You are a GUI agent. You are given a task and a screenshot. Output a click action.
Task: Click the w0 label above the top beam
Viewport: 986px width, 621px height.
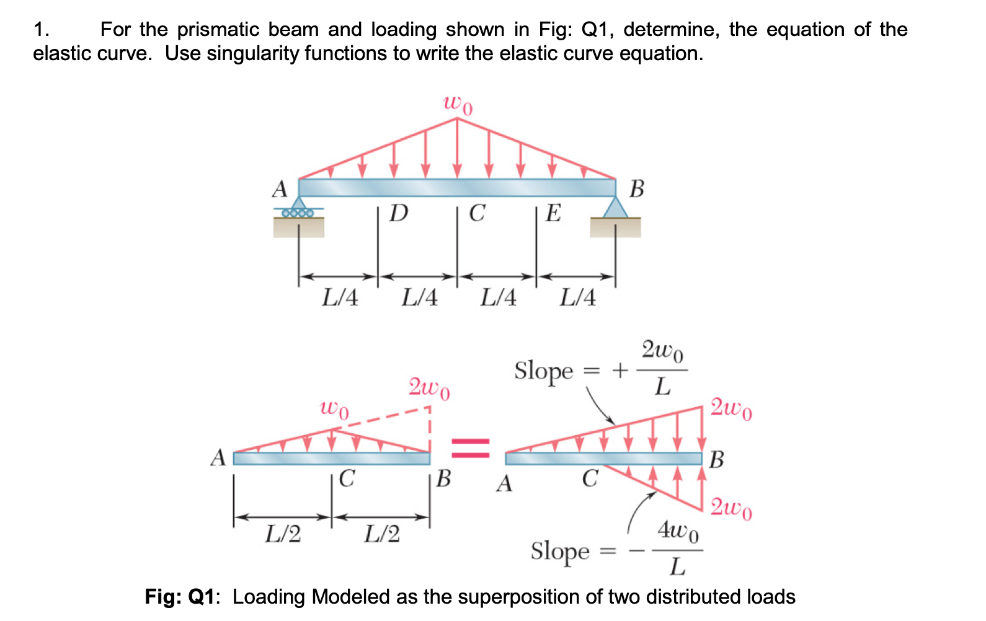pos(458,105)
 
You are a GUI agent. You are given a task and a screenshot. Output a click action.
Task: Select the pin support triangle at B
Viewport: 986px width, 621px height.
pos(615,208)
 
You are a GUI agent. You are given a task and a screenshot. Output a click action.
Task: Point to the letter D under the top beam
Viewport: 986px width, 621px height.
pos(399,213)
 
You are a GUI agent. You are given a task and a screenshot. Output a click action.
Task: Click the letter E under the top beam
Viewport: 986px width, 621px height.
pos(553,213)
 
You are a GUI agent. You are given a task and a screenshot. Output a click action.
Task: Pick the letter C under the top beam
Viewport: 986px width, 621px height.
pos(476,213)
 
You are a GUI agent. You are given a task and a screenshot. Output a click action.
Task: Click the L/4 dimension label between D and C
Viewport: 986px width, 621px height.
pos(419,297)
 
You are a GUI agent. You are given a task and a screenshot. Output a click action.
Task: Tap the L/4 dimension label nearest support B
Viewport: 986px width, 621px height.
pos(577,297)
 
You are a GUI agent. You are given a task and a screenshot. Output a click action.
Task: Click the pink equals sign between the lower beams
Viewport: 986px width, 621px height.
pos(470,447)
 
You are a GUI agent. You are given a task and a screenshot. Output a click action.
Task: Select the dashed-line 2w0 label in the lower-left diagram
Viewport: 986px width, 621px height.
pos(429,389)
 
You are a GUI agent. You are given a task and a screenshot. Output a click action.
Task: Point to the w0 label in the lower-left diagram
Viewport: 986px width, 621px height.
pos(334,409)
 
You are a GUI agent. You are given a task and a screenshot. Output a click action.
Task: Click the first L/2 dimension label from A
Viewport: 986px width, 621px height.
pos(283,534)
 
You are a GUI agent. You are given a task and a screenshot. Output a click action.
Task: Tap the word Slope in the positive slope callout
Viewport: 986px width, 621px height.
pos(544,371)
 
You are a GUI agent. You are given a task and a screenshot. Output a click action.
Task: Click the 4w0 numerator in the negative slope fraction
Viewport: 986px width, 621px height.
pos(678,531)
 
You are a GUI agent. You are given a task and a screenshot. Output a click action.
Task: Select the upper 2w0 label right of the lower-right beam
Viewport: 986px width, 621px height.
pos(731,408)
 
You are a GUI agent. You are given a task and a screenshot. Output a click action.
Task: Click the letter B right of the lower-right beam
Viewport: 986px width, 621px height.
pos(716,460)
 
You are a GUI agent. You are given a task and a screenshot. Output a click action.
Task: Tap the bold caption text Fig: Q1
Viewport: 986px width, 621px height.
pos(179,597)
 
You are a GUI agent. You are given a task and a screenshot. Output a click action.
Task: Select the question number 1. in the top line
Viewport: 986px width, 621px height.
pos(42,29)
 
